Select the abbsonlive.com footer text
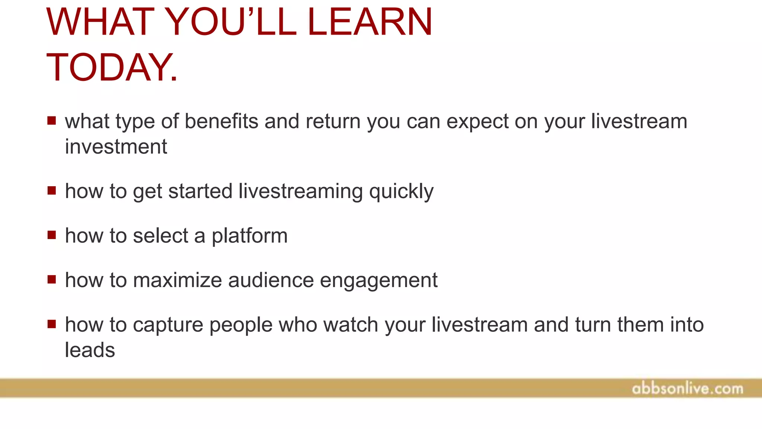point(687,389)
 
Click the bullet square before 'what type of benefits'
point(52,121)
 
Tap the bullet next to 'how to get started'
point(52,191)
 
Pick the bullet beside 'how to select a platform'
point(52,235)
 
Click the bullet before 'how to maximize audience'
point(52,279)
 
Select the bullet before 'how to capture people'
point(52,324)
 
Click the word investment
point(116,147)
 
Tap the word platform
point(249,236)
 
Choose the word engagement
point(378,281)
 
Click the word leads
point(90,350)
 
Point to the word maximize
point(177,280)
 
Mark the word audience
point(271,280)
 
